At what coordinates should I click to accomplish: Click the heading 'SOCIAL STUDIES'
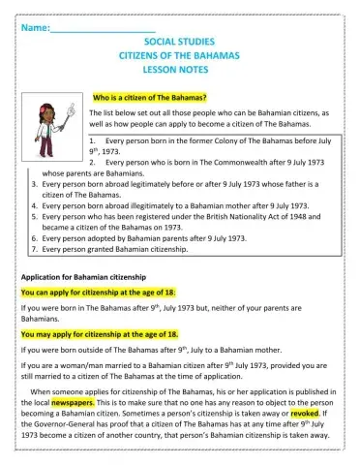click(x=179, y=44)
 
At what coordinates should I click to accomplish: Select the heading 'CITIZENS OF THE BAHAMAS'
click(x=179, y=57)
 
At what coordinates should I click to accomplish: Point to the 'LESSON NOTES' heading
click(x=179, y=71)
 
